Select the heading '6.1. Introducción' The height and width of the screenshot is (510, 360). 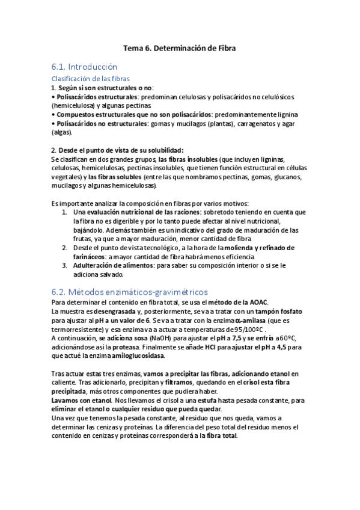[x=84, y=66]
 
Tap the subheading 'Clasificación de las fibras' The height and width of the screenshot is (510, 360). [x=91, y=78]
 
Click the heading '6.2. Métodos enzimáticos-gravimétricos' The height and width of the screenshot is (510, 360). [x=130, y=291]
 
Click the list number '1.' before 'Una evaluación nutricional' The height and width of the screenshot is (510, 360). [x=65, y=212]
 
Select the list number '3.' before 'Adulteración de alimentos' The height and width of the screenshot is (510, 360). [x=65, y=265]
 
